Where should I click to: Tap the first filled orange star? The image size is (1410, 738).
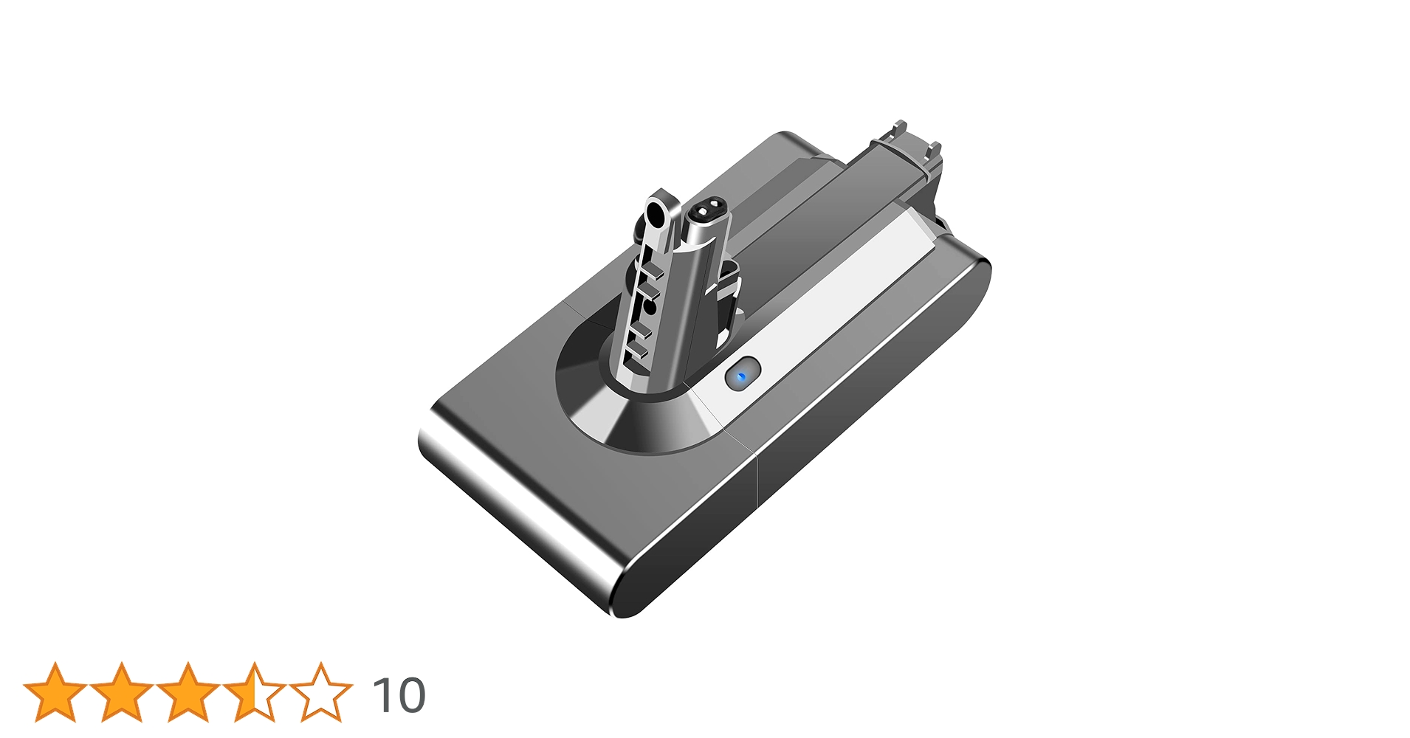[55, 693]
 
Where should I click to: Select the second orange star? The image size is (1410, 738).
[121, 693]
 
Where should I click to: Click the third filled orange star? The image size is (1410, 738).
[188, 693]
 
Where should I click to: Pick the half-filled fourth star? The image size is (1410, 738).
[254, 693]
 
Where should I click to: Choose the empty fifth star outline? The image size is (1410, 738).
[320, 693]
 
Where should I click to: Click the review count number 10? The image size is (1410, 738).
[399, 695]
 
